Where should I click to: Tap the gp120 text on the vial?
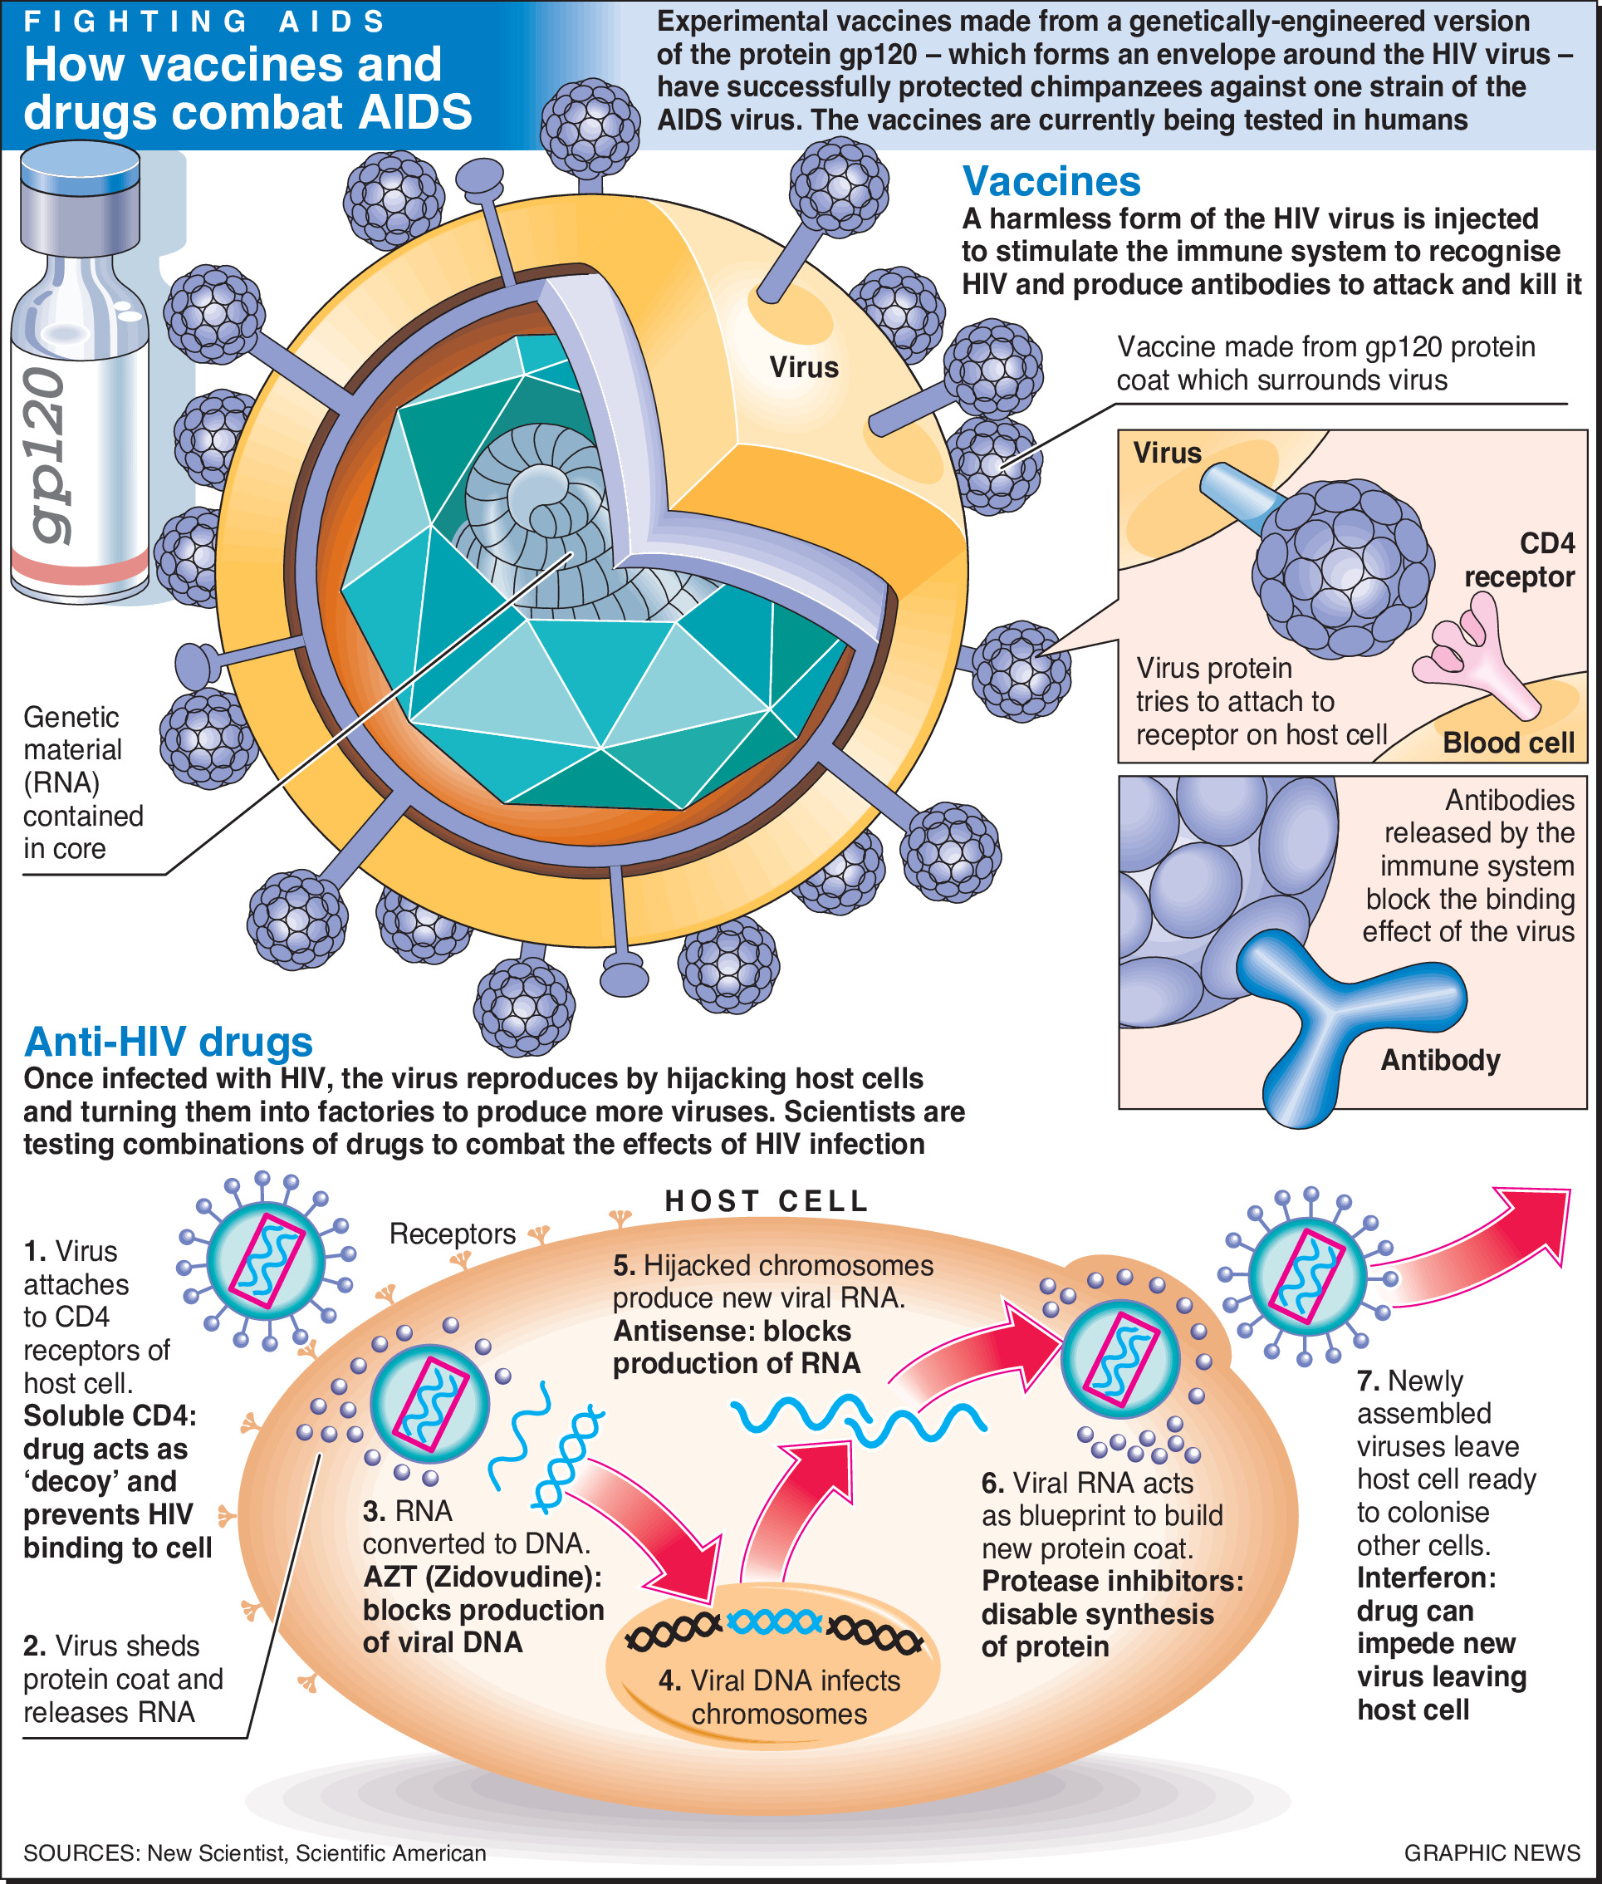46,454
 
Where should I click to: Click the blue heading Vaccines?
1051,182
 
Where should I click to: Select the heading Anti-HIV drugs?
168,1042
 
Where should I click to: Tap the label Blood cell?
1507,743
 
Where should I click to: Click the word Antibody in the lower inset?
1440,1060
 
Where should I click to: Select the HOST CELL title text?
767,1201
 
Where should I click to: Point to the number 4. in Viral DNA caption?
669,1680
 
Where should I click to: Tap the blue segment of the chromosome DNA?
775,1622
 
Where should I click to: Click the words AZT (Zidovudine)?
482,1576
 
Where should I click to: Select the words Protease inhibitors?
1111,1581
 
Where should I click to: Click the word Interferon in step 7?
1426,1577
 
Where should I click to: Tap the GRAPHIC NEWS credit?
1492,1852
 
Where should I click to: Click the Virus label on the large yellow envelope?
804,368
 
